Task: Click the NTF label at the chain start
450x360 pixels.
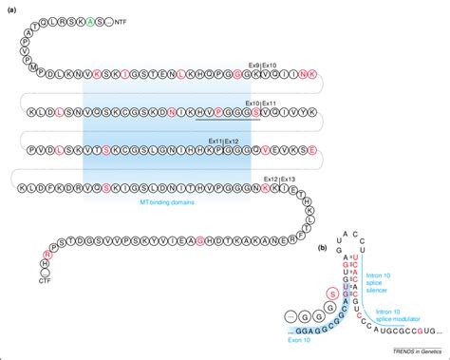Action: click(121, 21)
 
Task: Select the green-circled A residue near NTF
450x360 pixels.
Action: click(87, 21)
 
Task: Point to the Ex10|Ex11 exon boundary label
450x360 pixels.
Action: click(259, 103)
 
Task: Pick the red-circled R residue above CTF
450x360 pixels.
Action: click(46, 254)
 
